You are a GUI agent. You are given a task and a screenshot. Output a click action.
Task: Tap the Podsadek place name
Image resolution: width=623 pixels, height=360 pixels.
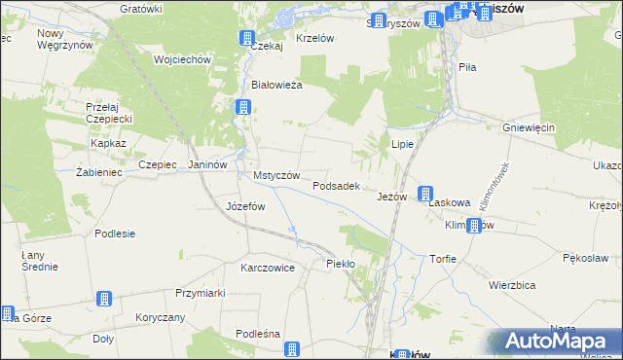coord(337,185)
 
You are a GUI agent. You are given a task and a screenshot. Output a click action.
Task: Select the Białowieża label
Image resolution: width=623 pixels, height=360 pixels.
coord(277,85)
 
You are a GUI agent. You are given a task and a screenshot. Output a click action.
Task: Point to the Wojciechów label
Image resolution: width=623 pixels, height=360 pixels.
coord(182,59)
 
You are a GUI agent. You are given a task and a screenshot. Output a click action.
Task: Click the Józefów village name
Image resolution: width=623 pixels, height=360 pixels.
coord(245,206)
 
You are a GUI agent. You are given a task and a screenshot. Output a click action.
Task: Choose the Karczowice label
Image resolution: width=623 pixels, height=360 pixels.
coord(268,267)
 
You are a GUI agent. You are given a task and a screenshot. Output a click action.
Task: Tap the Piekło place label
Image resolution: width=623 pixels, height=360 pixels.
coord(341,264)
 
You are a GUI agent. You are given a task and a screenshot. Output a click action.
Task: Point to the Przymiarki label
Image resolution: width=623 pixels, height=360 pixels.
coord(201,293)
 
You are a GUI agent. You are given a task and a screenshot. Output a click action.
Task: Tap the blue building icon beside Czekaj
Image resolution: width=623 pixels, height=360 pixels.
coord(246,39)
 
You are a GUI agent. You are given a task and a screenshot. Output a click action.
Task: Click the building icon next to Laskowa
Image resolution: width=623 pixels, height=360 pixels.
coord(425,194)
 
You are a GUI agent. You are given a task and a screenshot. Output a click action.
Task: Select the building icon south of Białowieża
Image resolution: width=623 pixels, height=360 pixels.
coord(241,108)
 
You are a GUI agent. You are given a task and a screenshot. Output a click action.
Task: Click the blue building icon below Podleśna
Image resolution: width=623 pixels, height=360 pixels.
coord(291,350)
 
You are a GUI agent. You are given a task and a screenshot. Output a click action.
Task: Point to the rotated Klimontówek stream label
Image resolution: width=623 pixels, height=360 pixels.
coord(494,186)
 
